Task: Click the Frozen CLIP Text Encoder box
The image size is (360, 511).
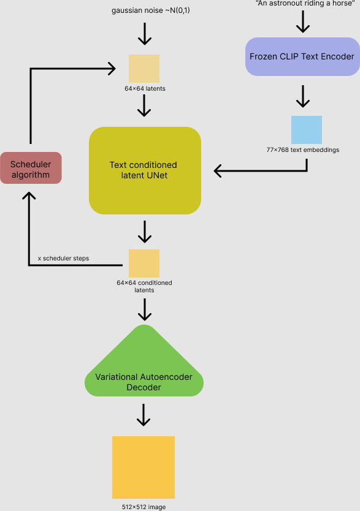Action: coord(302,56)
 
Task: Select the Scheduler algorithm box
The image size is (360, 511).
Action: coord(31,169)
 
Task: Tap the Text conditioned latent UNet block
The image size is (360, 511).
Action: coord(145,170)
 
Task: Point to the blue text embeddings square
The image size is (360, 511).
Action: coord(306,130)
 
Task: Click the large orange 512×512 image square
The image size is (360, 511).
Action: coord(144,467)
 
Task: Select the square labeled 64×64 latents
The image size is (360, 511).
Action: coord(144,69)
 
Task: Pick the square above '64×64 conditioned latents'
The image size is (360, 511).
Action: coord(144,263)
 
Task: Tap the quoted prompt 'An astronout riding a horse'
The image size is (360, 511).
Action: coord(301,4)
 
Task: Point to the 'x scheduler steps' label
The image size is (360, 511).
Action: coord(63,259)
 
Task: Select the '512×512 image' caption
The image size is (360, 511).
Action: coord(144,507)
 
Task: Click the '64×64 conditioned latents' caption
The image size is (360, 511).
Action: coord(144,286)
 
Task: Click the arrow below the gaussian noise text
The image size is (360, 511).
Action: coord(144,34)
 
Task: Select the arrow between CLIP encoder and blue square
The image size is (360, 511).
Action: coord(302,96)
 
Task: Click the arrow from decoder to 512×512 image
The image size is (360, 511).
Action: coord(144,415)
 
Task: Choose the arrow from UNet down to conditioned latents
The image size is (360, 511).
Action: coord(144,232)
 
